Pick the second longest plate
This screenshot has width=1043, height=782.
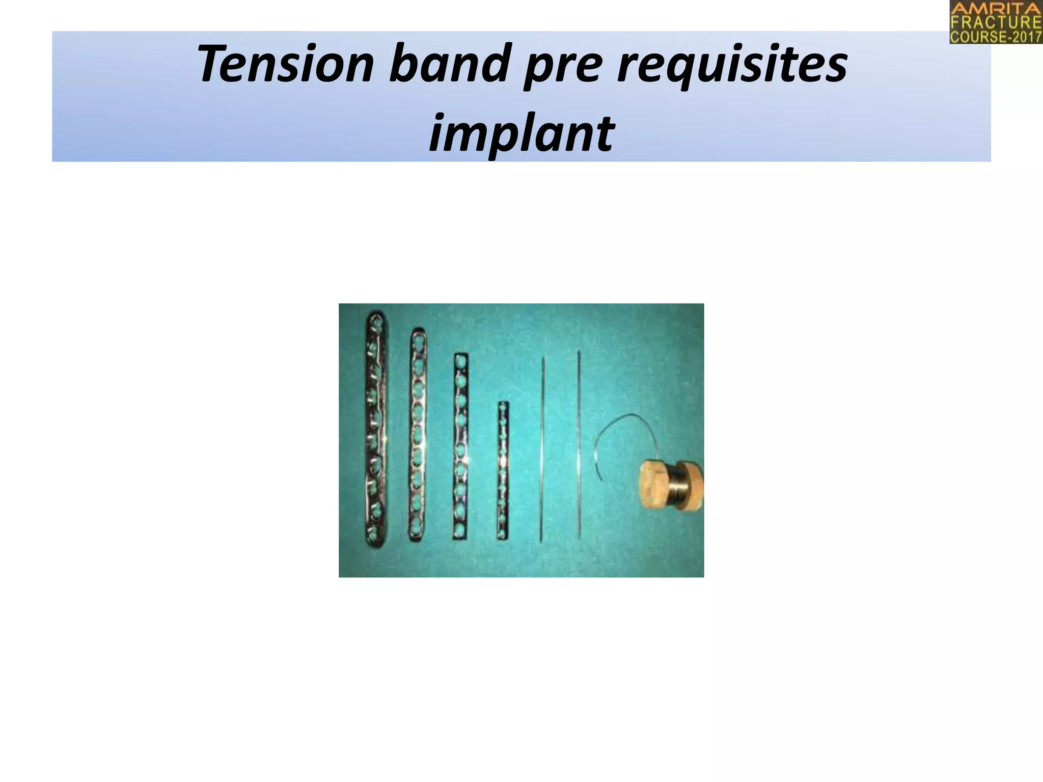click(418, 433)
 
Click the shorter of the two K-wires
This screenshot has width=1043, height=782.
click(542, 448)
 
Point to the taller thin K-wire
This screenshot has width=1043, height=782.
click(579, 443)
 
